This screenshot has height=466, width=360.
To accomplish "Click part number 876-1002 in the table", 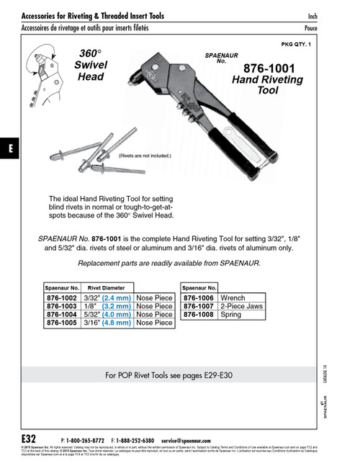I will point(62,296).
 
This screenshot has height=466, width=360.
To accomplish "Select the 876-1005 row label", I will point(62,323).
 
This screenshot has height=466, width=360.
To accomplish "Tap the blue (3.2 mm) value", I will point(116,305).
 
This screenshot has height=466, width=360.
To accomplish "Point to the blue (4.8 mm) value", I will point(116,323).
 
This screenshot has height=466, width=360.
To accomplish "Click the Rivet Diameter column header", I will point(106,286).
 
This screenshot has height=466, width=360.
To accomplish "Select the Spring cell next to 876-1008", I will point(232,314).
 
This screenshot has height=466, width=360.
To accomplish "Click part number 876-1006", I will point(199,296).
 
